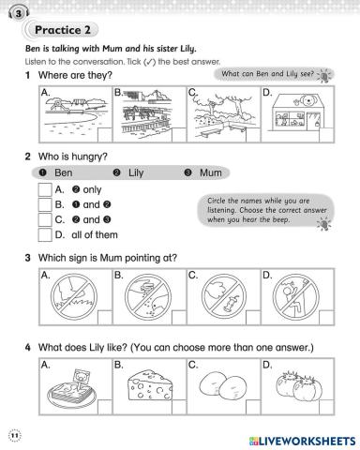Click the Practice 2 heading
(x=63, y=30)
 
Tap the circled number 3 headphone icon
(x=19, y=13)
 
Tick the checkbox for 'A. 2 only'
(x=45, y=189)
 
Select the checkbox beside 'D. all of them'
(x=45, y=235)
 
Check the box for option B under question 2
(x=45, y=204)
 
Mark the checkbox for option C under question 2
(x=45, y=219)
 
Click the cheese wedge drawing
(x=150, y=384)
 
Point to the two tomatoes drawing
(x=299, y=386)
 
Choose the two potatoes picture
(x=223, y=387)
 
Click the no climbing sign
(x=296, y=296)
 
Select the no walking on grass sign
(x=74, y=296)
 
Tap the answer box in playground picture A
(x=105, y=135)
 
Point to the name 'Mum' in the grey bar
(x=211, y=172)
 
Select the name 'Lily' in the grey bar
(x=136, y=172)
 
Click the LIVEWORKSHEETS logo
(x=303, y=442)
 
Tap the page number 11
(x=14, y=435)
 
